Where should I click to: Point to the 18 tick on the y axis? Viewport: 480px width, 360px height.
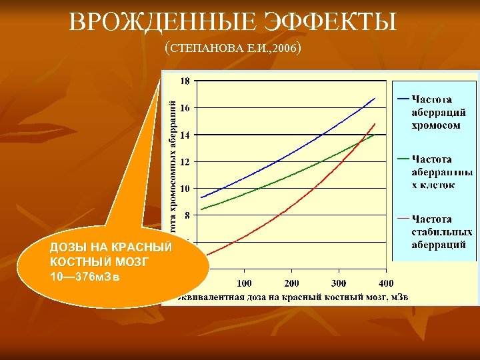click(185, 81)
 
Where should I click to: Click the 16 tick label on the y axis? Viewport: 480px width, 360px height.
click(185, 108)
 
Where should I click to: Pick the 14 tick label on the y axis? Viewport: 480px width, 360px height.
click(185, 135)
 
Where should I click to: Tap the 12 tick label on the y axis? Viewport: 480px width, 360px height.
click(185, 162)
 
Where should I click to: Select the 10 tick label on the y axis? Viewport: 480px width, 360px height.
click(185, 189)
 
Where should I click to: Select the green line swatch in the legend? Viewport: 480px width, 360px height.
click(403, 159)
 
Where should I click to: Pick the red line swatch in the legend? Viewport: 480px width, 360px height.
click(403, 218)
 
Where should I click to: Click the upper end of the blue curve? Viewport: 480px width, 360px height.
click(375, 99)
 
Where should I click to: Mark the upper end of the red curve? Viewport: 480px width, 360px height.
click(375, 124)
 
